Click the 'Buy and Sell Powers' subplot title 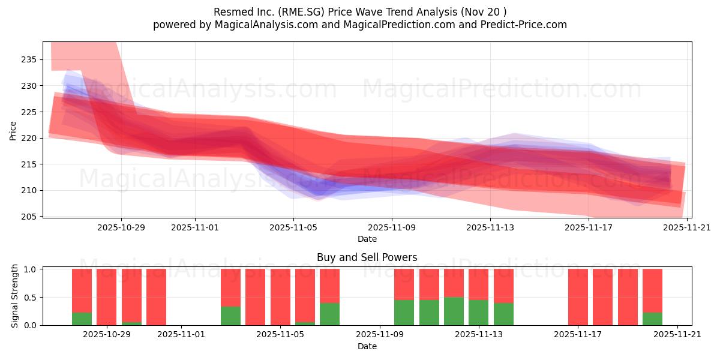coord(367,257)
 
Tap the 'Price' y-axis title coord(13,130)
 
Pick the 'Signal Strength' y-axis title coord(15,296)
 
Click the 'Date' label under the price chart coord(367,239)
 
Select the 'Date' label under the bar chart coord(367,346)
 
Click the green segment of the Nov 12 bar coord(454,311)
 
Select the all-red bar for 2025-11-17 coord(578,297)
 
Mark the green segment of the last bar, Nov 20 coord(652,319)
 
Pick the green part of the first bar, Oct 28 coord(82,319)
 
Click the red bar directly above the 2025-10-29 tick coord(106,297)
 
